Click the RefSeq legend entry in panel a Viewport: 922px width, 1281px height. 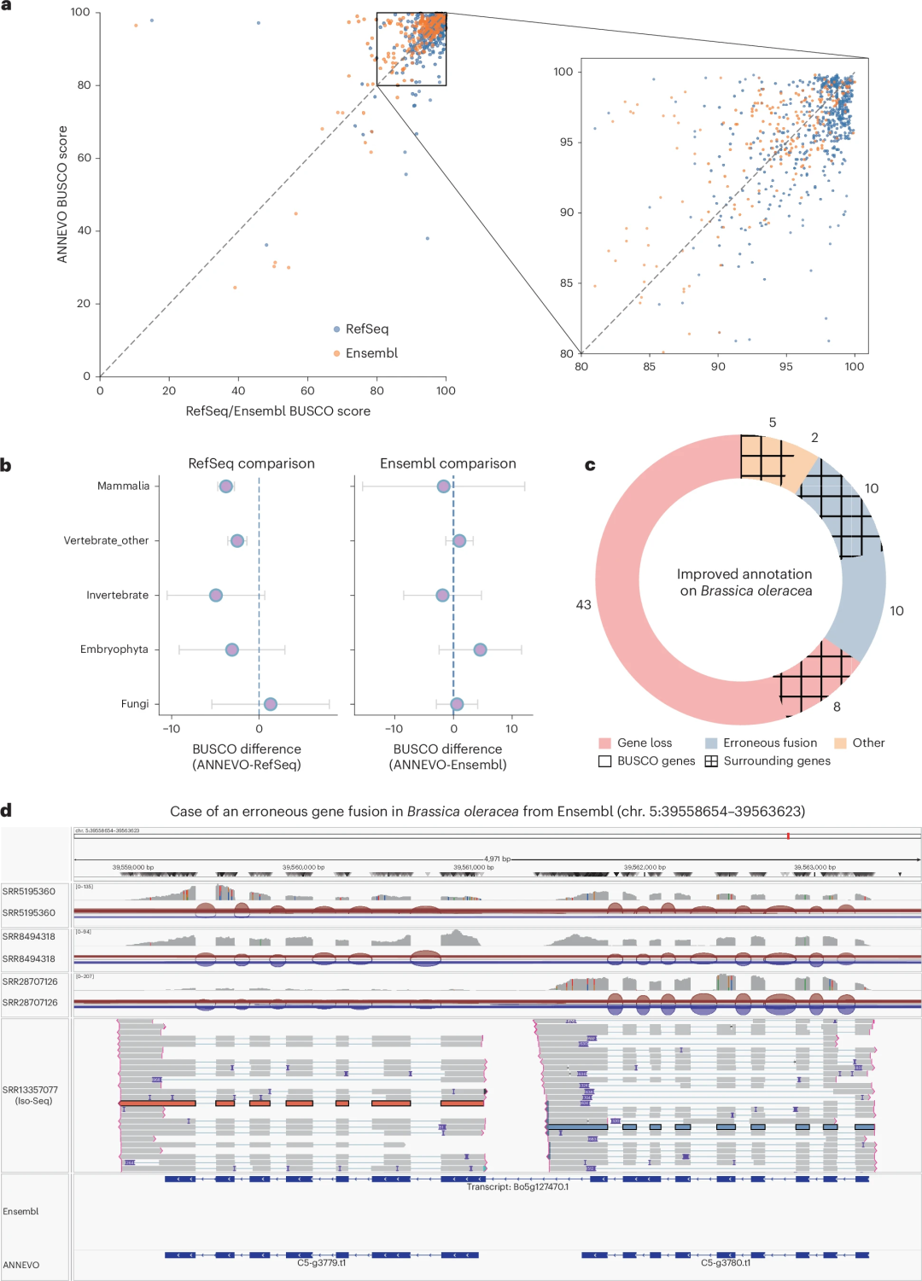366,329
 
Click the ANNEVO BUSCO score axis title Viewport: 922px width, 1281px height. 62,195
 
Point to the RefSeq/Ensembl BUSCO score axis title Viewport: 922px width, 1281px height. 277,411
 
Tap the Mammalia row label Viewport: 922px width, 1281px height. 123,486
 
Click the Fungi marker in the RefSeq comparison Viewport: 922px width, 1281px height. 270,704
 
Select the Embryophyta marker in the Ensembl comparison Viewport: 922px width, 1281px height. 480,650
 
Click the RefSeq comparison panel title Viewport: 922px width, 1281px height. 251,463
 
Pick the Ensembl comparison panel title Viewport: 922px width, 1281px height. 447,463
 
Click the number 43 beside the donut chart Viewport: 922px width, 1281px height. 583,605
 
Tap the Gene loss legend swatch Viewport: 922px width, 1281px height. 605,743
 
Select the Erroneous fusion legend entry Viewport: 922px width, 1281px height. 769,743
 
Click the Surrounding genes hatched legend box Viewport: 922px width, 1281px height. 711,761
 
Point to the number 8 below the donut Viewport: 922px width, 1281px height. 837,707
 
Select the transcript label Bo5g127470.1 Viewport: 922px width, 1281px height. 517,1187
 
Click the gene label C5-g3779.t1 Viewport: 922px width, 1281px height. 321,1263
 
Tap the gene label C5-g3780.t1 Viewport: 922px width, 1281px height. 726,1263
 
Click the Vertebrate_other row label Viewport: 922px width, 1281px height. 106,541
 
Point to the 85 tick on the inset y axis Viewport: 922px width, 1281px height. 566,283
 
